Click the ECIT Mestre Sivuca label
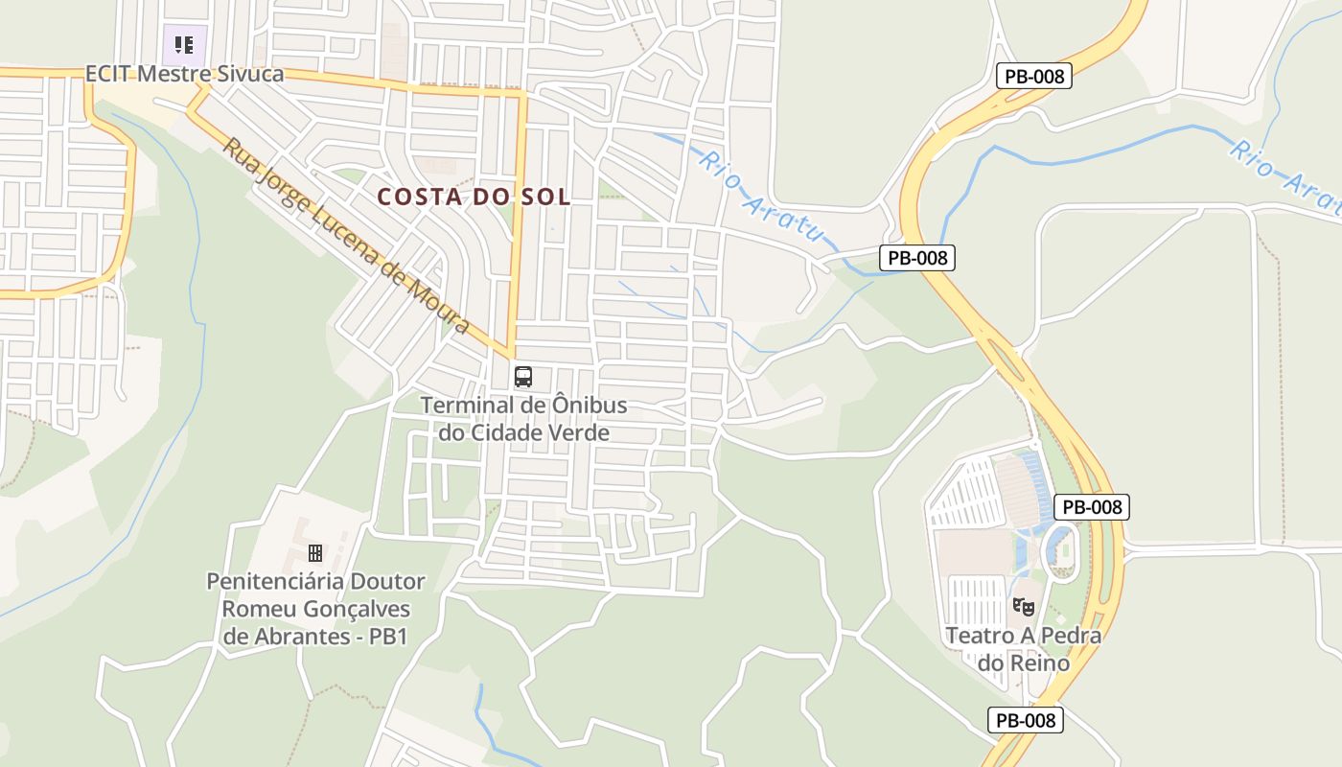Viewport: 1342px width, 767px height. tap(184, 74)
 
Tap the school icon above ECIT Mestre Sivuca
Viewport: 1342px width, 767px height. tap(184, 44)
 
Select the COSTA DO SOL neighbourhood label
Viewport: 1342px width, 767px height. tap(474, 197)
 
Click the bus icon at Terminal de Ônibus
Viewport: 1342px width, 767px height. tap(523, 377)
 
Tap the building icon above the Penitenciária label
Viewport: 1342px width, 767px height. tap(315, 552)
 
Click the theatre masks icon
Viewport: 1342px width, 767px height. tap(1024, 607)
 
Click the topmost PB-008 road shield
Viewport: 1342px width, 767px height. tap(1033, 77)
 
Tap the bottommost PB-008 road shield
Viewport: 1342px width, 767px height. tap(1026, 720)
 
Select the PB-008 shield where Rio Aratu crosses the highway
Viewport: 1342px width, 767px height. tap(917, 257)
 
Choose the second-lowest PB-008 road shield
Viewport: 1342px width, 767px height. tap(1092, 507)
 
